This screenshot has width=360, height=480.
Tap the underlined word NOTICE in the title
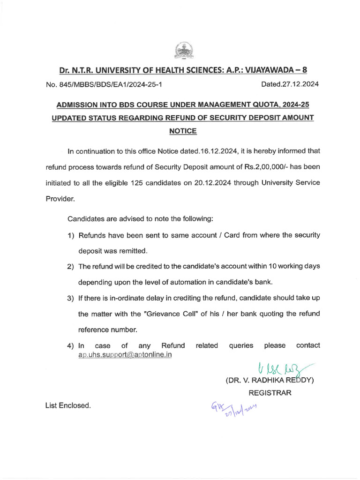[x=182, y=131]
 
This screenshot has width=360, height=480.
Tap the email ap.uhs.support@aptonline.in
[x=125, y=355]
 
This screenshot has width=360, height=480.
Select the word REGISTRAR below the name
[x=270, y=393]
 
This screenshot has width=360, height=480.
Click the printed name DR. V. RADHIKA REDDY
[x=270, y=380]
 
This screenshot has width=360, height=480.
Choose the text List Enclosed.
[x=68, y=405]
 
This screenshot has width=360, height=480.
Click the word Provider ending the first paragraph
[x=60, y=198]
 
